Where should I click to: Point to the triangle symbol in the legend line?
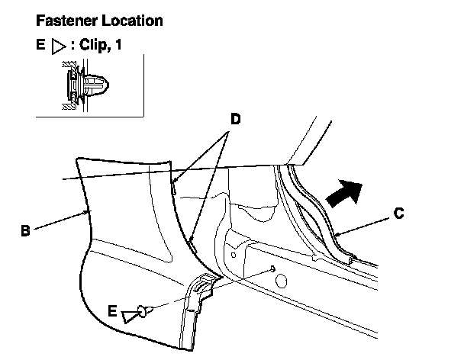click(x=57, y=46)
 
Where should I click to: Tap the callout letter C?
click(x=399, y=216)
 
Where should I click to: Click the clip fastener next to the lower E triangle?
click(x=143, y=310)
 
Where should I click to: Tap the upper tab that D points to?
click(x=175, y=183)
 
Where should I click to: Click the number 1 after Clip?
click(x=120, y=46)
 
